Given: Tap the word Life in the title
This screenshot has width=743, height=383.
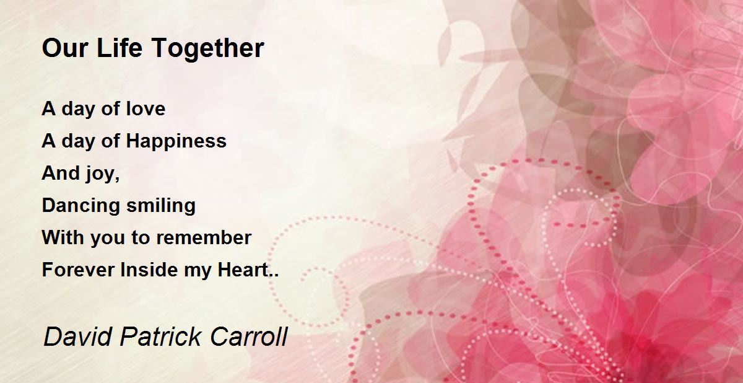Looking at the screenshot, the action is click(119, 48).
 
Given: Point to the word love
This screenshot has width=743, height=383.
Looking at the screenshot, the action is click(146, 108).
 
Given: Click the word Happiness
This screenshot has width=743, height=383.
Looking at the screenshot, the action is click(176, 141).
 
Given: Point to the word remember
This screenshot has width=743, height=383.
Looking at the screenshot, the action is click(204, 237).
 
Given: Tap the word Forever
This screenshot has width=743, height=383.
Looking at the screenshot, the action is click(78, 269).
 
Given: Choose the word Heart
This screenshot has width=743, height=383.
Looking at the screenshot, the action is click(243, 269).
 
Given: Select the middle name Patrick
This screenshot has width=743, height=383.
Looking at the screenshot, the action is click(160, 337).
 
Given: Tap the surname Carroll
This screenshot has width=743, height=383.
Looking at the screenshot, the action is click(249, 337).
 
